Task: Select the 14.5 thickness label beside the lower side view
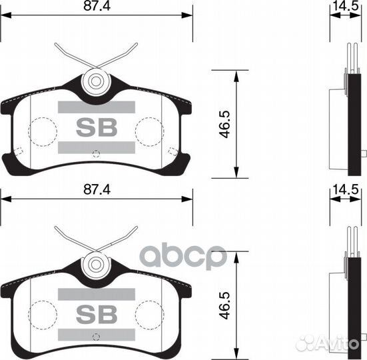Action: (346, 190)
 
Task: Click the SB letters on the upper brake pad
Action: (96, 127)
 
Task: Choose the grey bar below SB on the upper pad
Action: (96, 147)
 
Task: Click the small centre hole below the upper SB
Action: (96, 154)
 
